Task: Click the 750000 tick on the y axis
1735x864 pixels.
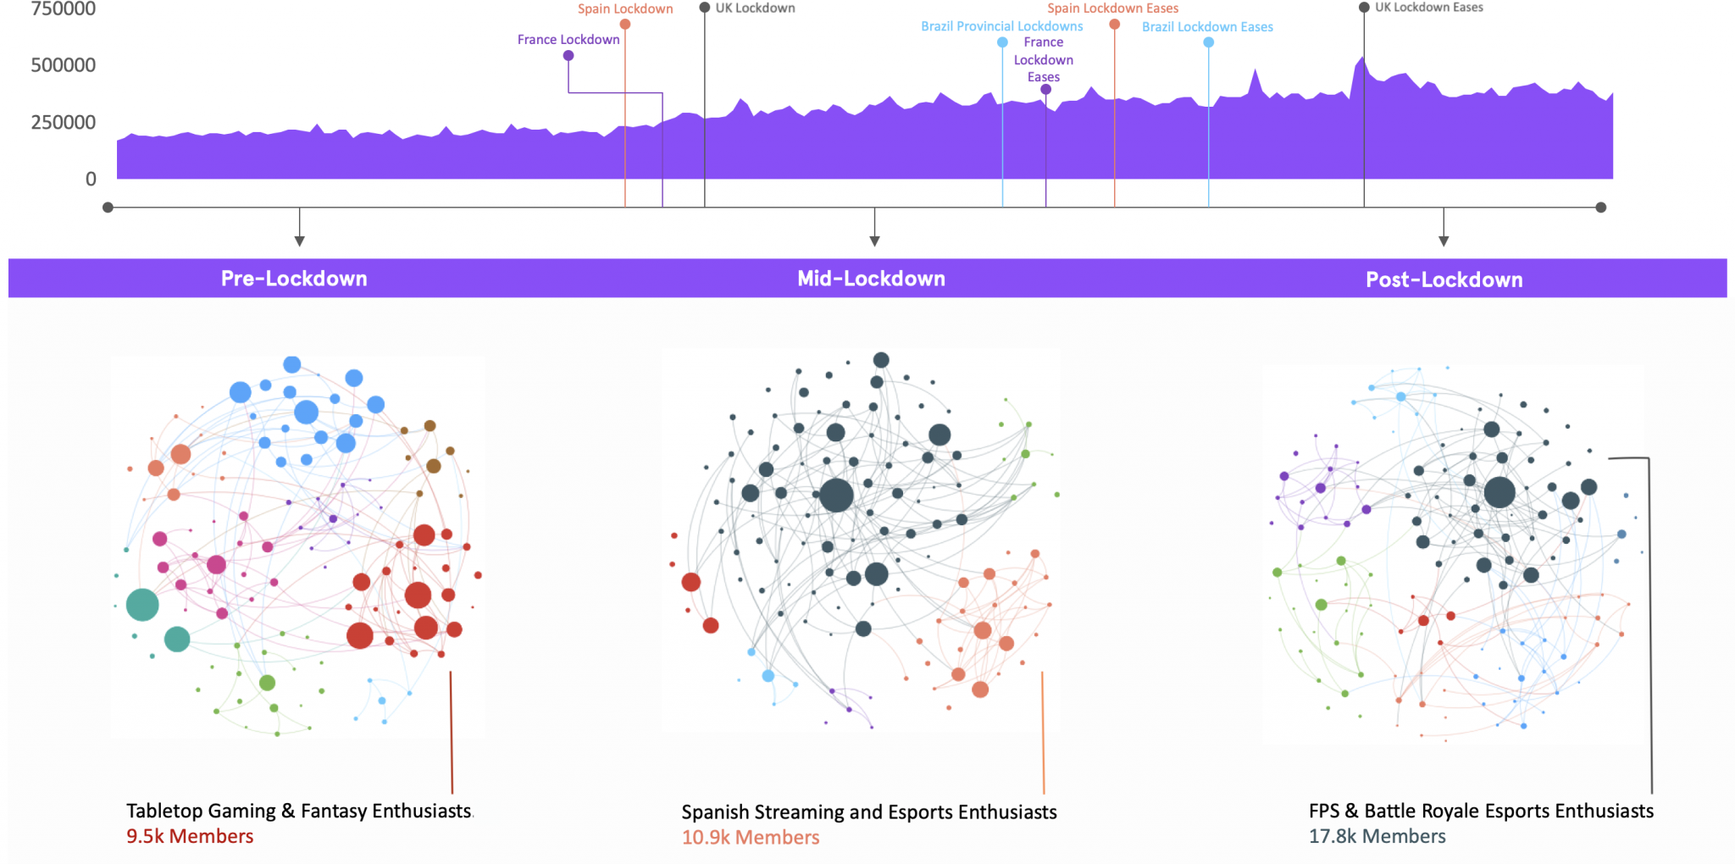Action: point(63,9)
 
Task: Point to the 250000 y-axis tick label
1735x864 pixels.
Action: point(63,122)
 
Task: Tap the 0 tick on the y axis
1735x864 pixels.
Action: point(91,179)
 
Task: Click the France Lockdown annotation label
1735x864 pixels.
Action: point(568,40)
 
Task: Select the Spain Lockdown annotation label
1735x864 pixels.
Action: point(625,9)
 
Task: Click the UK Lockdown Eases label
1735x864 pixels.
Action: point(1428,8)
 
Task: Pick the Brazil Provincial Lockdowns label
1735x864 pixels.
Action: point(1001,26)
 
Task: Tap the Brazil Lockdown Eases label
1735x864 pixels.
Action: point(1207,27)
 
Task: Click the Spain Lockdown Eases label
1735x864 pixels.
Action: point(1112,8)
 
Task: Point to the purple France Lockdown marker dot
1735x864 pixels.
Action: point(568,56)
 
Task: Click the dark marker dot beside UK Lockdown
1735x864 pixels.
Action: point(704,8)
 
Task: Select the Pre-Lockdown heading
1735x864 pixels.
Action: point(294,279)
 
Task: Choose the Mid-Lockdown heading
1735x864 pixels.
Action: point(871,279)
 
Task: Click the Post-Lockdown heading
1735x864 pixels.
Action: point(1444,280)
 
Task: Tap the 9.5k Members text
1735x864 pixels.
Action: point(190,836)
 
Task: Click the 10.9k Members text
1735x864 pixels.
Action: point(751,837)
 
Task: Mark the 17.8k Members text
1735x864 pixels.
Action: point(1377,836)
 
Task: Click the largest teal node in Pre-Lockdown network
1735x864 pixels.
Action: point(142,605)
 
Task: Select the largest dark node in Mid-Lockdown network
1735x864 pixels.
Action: point(836,495)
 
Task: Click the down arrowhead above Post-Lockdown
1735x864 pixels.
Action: point(1444,241)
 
